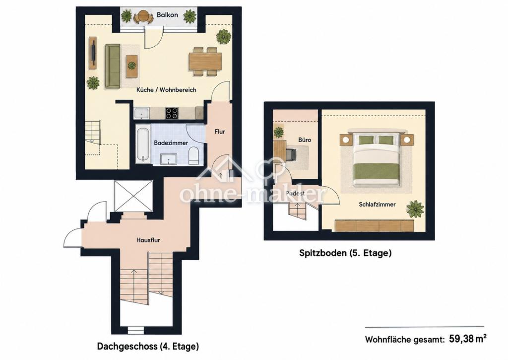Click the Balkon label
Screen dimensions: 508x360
[x=167, y=15]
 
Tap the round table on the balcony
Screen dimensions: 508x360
[x=143, y=15]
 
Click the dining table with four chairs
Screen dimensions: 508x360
[x=205, y=62]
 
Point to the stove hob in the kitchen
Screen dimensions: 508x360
[x=171, y=113]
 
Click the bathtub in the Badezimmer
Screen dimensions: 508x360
[x=143, y=144]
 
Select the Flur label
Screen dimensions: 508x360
[x=220, y=132]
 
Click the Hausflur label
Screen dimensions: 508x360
[x=148, y=240]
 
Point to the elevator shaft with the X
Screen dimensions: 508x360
[x=133, y=196]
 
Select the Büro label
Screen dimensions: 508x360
[x=305, y=140]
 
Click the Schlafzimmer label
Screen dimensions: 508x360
[x=377, y=204]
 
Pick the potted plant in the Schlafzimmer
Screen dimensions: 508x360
[x=415, y=209]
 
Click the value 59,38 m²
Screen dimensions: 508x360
[x=467, y=339]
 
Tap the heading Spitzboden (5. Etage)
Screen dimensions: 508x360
[x=345, y=253]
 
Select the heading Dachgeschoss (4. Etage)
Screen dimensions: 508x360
[x=148, y=347]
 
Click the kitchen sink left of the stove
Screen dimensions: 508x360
[x=141, y=113]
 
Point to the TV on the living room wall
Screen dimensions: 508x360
[x=93, y=53]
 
